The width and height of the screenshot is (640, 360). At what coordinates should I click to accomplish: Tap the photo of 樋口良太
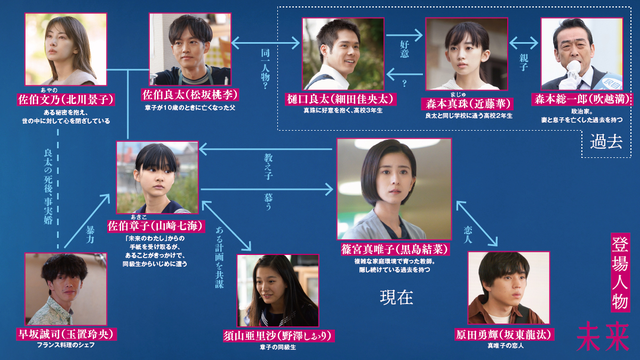tap(343, 53)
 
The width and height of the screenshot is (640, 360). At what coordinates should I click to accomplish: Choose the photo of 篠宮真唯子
tap(394, 189)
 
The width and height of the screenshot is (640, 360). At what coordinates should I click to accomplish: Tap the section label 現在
tap(396, 297)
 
